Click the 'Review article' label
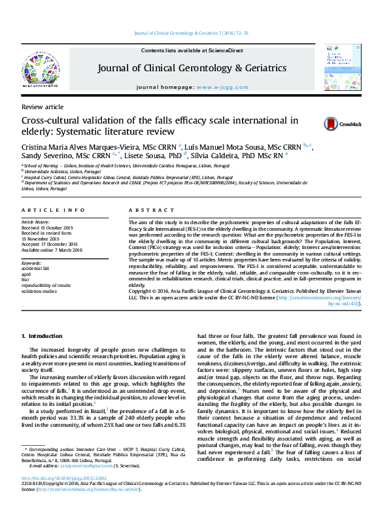[x=42, y=106]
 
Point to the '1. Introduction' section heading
[x=42, y=335]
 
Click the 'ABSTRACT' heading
[x=143, y=210]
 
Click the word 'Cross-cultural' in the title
[x=51, y=120]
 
